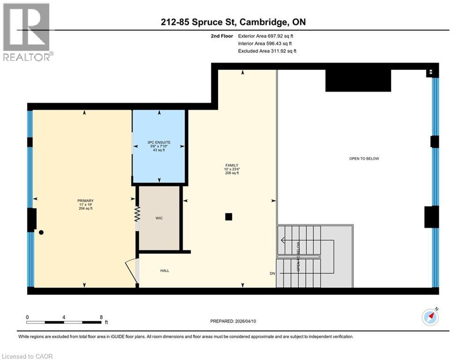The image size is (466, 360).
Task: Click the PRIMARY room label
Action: point(85,201)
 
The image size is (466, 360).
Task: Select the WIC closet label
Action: point(159,218)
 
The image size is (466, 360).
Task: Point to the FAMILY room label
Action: point(231,165)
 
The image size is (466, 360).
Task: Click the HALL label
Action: point(165,270)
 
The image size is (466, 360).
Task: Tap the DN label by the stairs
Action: point(273,273)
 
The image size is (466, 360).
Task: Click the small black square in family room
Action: point(229,217)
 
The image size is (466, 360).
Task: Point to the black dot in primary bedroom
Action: point(42,232)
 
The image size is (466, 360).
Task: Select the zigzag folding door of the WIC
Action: point(137,215)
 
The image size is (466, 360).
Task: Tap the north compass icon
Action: point(430,317)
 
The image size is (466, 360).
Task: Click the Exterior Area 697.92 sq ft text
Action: point(266,36)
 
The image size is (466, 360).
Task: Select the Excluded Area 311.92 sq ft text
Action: point(267,51)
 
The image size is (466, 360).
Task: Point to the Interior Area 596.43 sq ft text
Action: point(266,43)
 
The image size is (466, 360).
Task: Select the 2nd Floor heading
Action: point(222,36)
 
